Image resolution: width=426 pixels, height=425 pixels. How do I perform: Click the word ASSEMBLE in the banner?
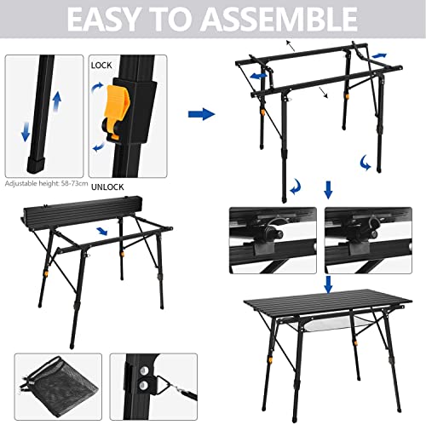[x=280, y=19]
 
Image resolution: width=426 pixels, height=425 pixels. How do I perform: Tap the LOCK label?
[x=101, y=66]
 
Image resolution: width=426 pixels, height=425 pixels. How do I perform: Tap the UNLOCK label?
[x=107, y=187]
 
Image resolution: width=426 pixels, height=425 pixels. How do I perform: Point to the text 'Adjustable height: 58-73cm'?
[x=46, y=183]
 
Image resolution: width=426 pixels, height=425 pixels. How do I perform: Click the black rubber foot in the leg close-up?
[x=37, y=164]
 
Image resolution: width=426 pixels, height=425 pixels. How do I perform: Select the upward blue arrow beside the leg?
[x=57, y=101]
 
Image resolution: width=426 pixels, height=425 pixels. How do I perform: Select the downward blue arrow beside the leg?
[x=26, y=132]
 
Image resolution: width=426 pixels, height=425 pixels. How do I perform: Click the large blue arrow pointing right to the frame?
[x=201, y=114]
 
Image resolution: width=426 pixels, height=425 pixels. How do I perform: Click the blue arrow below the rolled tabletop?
[x=102, y=231]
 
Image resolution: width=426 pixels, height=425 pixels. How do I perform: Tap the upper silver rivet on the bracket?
[x=145, y=370]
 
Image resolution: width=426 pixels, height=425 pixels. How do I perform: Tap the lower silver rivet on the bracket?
[x=143, y=385]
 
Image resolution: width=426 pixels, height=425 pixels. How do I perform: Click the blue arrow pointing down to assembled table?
[x=328, y=284]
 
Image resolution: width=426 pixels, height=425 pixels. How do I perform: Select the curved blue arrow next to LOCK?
[x=98, y=87]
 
